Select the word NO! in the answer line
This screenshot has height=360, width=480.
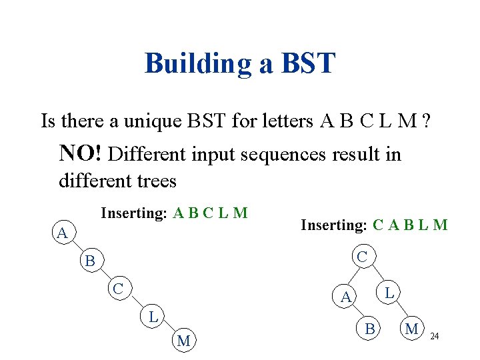click(81, 153)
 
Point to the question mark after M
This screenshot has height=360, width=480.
click(425, 121)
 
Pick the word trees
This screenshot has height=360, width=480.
click(154, 181)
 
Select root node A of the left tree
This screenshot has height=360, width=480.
click(62, 234)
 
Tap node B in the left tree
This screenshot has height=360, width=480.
click(89, 261)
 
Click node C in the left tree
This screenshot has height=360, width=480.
click(117, 289)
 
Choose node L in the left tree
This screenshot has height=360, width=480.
click(153, 317)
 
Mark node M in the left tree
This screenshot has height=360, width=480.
click(184, 341)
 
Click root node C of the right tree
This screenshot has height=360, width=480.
click(361, 256)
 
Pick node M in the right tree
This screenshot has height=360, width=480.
click(412, 328)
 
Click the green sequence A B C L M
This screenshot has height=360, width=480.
click(210, 213)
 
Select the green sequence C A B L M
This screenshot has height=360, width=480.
click(410, 225)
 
